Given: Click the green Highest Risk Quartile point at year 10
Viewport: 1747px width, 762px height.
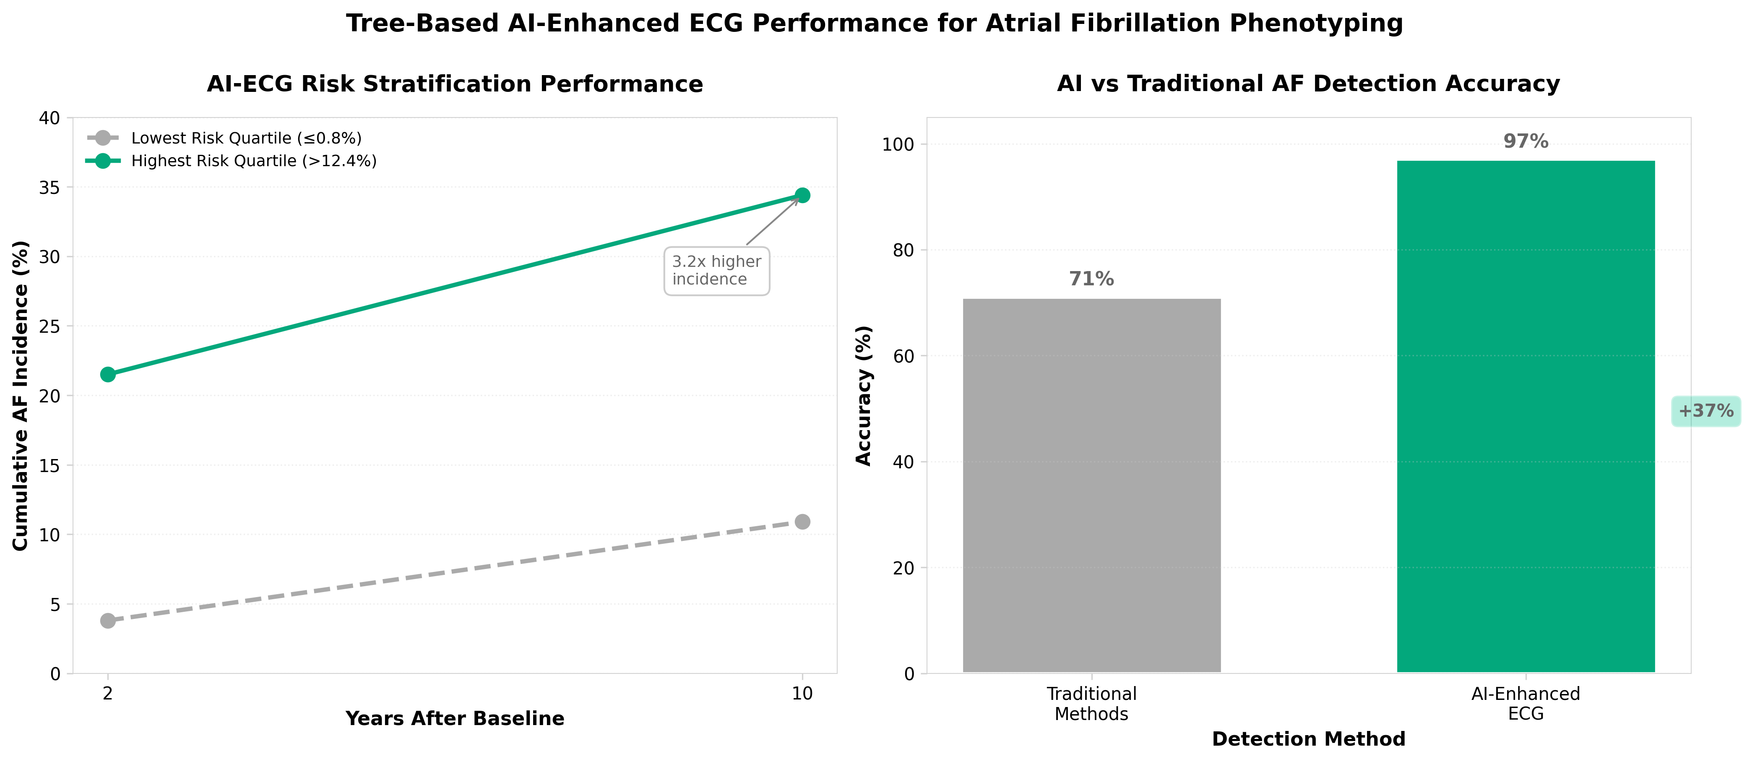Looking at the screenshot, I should coord(802,196).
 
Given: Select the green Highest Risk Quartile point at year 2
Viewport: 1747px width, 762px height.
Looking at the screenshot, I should coord(108,375).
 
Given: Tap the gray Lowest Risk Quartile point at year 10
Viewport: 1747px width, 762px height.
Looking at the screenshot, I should coord(802,522).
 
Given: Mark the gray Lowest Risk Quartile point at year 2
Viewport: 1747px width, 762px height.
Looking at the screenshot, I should coord(108,621).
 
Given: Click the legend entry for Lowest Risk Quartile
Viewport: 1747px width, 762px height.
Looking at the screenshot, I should coord(245,138).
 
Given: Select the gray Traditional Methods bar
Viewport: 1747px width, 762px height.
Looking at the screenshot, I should coord(1091,485).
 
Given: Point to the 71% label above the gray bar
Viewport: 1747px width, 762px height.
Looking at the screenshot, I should coord(1091,279).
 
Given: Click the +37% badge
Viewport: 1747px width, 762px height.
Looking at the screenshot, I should coord(1705,411).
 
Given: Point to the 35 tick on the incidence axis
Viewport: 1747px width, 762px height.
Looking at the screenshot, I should coord(49,187).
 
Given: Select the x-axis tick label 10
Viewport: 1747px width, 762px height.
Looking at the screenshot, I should coord(802,694).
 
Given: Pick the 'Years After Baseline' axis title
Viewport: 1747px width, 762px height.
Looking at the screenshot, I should coord(454,719).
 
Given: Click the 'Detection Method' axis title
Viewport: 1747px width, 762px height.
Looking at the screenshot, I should coord(1308,739).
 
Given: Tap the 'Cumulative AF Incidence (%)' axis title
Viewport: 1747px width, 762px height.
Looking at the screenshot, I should coord(21,396).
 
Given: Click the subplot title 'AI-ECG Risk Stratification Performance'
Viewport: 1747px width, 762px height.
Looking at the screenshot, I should coord(454,84).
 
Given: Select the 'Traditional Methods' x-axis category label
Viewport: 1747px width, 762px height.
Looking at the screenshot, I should coord(1091,704).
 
